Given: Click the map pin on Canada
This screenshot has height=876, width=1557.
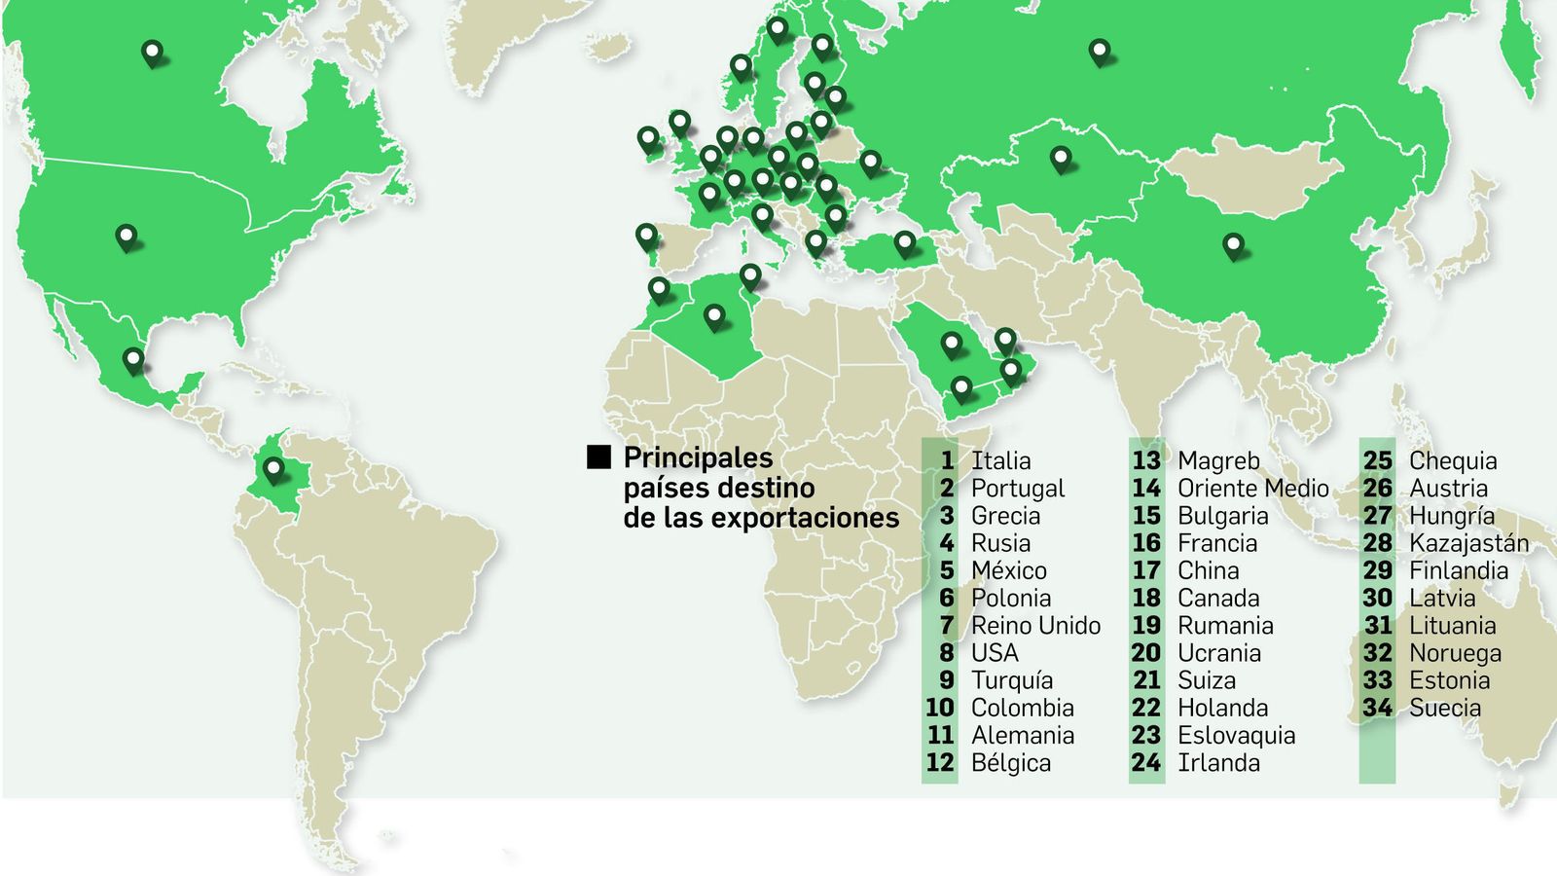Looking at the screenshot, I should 152,52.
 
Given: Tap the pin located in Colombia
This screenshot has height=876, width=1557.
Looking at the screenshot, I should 273,469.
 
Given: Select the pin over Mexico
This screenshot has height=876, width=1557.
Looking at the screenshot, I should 133,360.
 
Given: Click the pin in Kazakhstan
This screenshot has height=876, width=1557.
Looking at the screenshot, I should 1061,158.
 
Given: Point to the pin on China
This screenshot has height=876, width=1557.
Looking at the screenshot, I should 1233,245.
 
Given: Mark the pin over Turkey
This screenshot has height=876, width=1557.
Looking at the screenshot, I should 905,242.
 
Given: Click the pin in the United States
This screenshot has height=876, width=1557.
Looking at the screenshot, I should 127,237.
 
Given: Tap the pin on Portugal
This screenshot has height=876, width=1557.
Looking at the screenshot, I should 647,237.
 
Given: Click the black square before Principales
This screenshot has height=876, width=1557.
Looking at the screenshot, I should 599,457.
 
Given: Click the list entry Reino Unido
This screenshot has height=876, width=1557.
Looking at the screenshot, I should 1035,626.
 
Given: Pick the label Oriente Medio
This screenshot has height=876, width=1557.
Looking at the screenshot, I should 1252,489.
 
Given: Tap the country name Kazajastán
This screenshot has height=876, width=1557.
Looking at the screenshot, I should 1468,543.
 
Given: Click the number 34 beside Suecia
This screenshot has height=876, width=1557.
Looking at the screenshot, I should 1377,709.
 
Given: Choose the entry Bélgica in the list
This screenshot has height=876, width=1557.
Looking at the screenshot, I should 1010,763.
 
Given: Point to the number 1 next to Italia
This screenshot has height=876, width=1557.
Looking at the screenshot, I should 947,460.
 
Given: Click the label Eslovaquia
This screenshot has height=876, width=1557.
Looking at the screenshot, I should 1236,736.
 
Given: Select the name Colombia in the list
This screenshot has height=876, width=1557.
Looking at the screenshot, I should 1022,709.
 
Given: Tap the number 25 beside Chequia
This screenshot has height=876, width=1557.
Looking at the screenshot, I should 1377,460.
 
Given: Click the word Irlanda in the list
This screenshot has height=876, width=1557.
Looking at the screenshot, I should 1218,763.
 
